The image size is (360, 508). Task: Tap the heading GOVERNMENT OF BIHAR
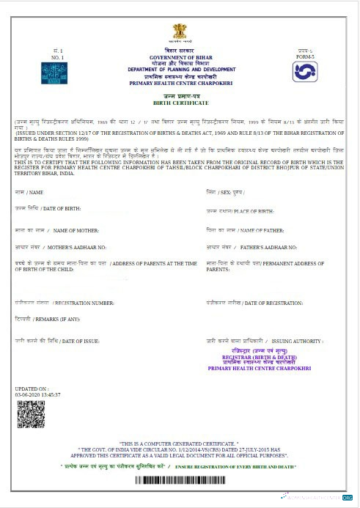(x=180, y=56)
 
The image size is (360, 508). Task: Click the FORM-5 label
(x=305, y=55)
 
